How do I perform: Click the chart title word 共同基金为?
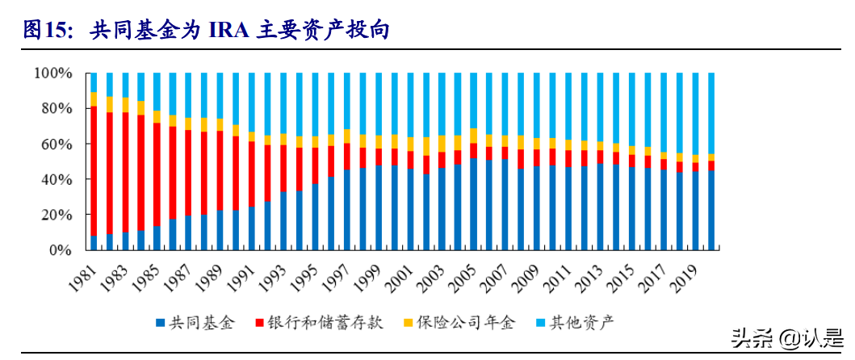(x=129, y=30)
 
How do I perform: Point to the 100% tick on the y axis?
(x=54, y=73)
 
